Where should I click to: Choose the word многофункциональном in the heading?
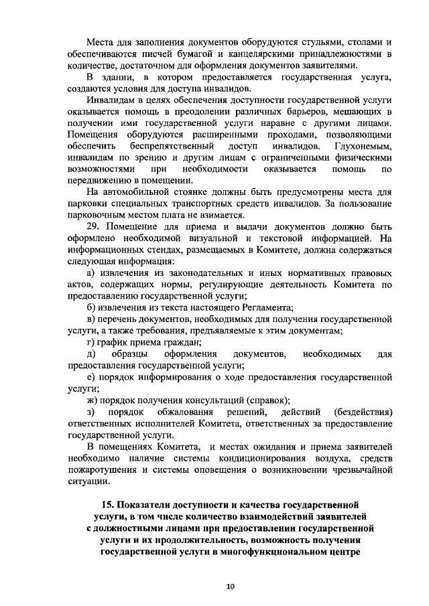pos(281,554)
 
